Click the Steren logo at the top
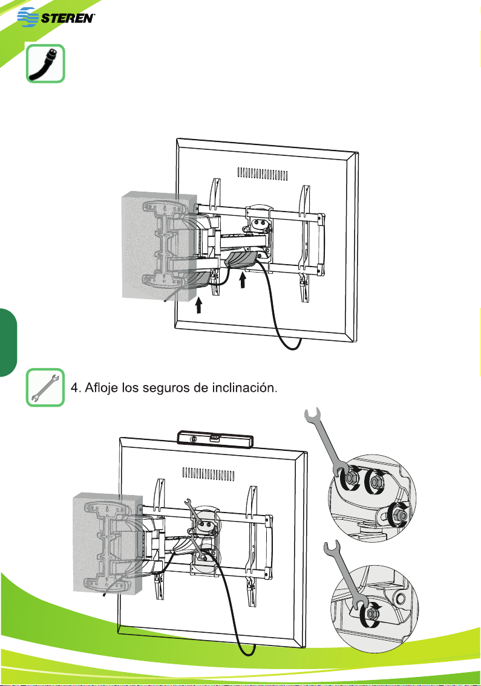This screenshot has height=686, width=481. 56,18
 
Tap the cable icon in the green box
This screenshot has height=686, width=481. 45,63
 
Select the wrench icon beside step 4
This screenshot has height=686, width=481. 45,387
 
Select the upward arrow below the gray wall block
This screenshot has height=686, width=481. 198,305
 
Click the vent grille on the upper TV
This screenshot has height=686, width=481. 263,174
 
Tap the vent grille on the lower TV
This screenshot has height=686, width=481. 209,474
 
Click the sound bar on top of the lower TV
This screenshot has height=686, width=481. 215,439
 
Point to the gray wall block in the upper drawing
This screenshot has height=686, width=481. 160,247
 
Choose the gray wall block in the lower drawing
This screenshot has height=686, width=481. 107,543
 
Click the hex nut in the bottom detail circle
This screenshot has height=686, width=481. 371,614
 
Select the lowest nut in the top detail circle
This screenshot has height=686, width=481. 398,514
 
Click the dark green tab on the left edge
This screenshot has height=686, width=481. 8,342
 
